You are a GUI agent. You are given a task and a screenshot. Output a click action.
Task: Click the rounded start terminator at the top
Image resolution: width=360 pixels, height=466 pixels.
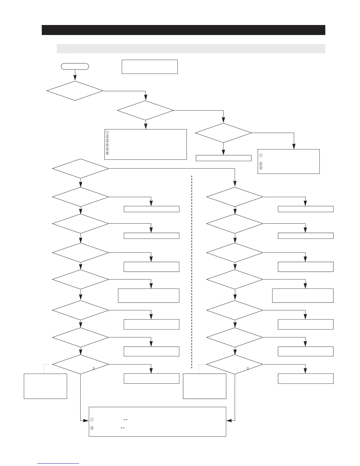[x=75, y=66]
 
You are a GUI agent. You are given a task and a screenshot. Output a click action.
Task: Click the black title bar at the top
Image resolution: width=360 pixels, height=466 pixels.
[x=183, y=30]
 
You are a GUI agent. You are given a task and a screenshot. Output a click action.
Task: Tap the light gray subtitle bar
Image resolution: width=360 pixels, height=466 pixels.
[x=191, y=49]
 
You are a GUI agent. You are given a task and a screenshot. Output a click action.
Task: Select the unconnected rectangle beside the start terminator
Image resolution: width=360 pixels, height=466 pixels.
[x=149, y=67]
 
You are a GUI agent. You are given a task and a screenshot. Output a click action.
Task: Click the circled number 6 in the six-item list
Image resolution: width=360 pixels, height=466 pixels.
[x=107, y=153]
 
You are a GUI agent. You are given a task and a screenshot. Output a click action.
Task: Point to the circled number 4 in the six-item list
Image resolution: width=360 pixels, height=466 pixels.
[x=107, y=145]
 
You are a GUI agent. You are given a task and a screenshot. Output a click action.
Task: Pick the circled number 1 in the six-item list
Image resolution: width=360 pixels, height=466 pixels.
[x=107, y=132]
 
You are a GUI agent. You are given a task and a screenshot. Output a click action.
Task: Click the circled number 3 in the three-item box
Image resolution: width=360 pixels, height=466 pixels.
[x=261, y=168]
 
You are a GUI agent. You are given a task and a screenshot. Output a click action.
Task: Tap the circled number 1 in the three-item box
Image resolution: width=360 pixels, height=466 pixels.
[x=261, y=155]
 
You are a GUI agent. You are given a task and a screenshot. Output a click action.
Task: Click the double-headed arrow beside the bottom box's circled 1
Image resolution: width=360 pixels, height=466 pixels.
[x=126, y=420]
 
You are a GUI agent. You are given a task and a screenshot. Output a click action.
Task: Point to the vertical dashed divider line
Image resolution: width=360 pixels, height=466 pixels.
[x=192, y=271]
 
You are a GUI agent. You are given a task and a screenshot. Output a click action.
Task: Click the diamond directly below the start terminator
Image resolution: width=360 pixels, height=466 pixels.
[x=75, y=91]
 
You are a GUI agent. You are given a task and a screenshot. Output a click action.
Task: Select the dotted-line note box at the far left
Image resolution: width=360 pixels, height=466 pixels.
[x=45, y=386]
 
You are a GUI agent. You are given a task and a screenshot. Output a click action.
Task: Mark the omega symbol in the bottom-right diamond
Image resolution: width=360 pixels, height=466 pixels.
[x=248, y=368]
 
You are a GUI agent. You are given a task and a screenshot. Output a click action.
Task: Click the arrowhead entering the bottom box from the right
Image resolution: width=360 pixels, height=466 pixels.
[x=228, y=421]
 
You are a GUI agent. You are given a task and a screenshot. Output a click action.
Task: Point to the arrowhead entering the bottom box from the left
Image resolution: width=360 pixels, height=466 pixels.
[x=87, y=421]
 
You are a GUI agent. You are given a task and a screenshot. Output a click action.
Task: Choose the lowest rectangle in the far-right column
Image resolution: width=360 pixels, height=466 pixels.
[x=306, y=378]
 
